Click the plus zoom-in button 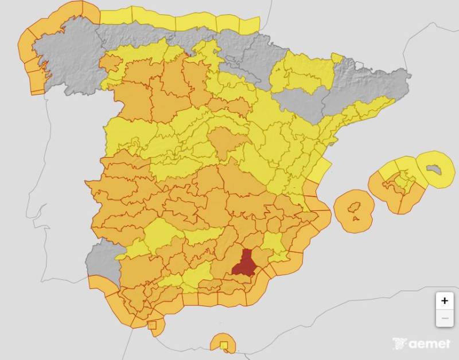(x=444, y=300)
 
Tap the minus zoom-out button (x=444, y=318)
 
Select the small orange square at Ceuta (x=152, y=326)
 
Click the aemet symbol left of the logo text (x=400, y=344)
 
